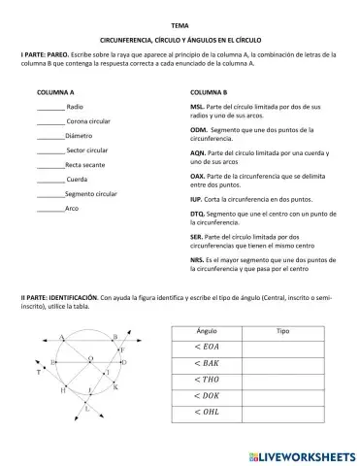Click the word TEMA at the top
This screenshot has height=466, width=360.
tap(180, 23)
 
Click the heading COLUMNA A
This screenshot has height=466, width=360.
tap(56, 92)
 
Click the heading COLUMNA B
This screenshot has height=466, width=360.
tap(211, 92)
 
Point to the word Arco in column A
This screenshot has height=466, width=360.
tap(73, 209)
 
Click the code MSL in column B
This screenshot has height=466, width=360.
tap(197, 106)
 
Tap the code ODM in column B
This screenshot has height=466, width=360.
tap(198, 129)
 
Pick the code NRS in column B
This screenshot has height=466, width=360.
tap(197, 260)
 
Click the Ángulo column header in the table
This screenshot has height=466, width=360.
tap(207, 331)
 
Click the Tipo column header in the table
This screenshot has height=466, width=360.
tap(282, 331)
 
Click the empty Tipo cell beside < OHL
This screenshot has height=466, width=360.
tap(282, 412)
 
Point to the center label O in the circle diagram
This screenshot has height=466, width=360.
tap(118, 358)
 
